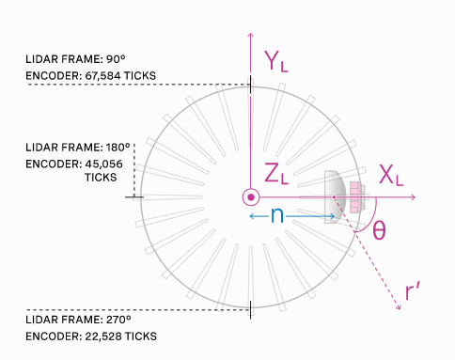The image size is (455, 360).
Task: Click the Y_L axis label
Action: point(275,61)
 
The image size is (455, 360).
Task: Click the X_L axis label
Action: point(391,175)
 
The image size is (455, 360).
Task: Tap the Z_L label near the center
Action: point(276,173)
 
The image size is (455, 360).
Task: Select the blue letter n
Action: point(277,215)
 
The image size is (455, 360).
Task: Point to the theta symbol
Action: point(379,230)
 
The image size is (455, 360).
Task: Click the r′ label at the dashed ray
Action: point(413,291)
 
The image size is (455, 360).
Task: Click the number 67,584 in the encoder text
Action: point(103,76)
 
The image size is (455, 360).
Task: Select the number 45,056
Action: point(104,164)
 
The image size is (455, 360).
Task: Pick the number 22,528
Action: point(103,337)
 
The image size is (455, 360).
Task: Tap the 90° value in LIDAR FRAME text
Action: point(116,59)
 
